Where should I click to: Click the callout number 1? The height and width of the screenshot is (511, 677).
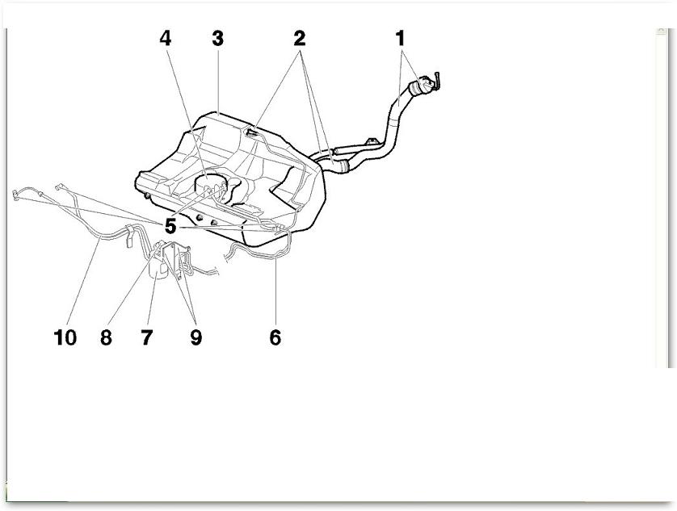pos(400,39)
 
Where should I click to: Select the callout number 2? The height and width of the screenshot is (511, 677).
pos(300,39)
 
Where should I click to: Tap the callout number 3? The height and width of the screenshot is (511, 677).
pos(217,39)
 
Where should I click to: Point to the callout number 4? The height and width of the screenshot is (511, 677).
pos(166,39)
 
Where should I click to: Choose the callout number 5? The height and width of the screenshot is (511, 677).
pos(170,226)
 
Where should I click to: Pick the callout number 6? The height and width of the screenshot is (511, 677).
pos(275,337)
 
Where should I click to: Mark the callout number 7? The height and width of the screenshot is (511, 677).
pos(147,337)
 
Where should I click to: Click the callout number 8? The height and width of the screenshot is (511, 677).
pos(106,337)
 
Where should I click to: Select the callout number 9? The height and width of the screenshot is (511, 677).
pos(196,337)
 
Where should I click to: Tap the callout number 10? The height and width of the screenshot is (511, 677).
pos(65,337)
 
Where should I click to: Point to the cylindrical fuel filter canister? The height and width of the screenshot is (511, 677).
pos(158,267)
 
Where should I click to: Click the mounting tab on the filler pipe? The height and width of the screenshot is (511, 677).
pos(371,142)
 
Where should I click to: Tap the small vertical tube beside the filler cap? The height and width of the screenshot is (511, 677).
pos(438,82)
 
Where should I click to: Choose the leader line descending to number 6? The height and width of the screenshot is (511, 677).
pos(275,291)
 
